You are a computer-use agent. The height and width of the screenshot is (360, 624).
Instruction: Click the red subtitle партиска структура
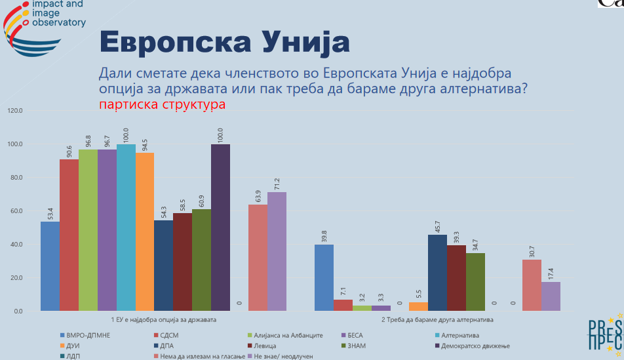pos(163,104)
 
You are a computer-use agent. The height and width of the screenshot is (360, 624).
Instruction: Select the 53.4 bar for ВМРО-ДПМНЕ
pos(50,266)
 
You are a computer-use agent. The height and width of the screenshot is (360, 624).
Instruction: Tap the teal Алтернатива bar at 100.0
pos(126,227)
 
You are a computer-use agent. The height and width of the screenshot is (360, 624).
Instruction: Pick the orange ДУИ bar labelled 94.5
pos(145,231)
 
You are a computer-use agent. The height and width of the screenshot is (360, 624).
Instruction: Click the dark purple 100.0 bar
pos(220,227)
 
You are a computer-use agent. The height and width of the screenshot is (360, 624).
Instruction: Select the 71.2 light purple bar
pos(277,251)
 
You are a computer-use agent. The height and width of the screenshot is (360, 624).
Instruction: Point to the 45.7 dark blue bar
pos(437,272)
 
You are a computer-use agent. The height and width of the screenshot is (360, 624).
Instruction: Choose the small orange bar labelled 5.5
pos(418,306)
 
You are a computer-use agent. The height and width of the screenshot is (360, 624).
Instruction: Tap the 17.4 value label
pos(551,271)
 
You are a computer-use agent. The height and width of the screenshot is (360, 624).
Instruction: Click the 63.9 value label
pos(258,194)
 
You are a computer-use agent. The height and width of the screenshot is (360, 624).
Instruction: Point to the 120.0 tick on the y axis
pos(14,111)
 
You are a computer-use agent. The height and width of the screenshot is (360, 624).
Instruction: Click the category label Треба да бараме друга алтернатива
pos(437,320)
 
